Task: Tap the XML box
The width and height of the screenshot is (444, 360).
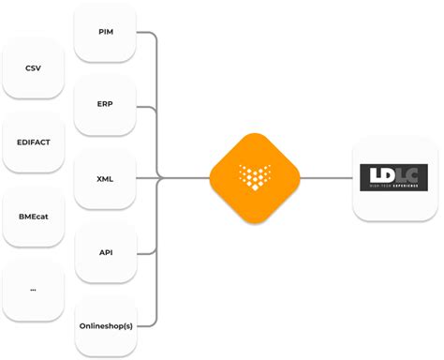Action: pos(105,177)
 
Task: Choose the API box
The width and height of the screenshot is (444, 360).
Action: pos(105,250)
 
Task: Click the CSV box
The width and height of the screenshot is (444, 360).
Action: pos(33,68)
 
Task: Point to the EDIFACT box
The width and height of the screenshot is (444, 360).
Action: pos(33,142)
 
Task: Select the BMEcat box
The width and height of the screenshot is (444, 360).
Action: pos(33,216)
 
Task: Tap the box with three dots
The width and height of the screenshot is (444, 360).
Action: pos(33,289)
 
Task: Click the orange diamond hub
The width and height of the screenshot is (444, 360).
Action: pos(254,176)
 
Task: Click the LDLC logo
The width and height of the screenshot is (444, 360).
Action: pos(393,176)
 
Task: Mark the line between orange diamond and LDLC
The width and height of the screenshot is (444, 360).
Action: pos(326,176)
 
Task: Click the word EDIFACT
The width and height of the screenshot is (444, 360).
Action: pos(33,142)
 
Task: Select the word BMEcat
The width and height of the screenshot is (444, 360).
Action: pos(33,216)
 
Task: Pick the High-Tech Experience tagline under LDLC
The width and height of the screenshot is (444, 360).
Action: pos(393,187)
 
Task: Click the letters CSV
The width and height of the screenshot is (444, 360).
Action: pos(33,68)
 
